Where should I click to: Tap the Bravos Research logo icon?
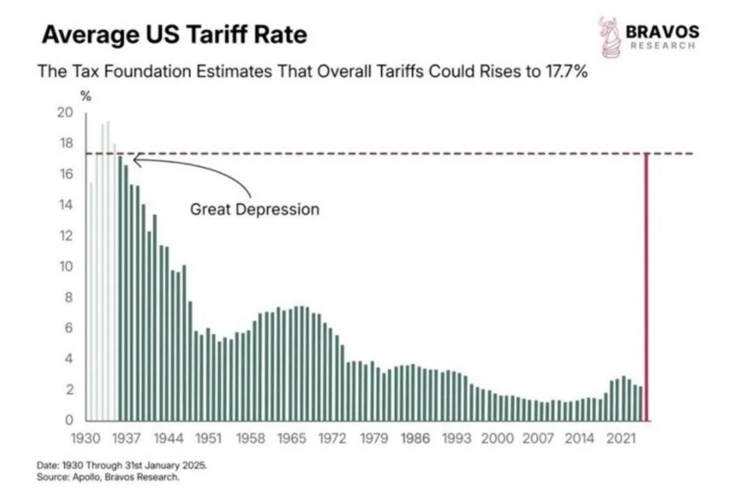pos(609,37)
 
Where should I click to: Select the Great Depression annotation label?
pos(254,209)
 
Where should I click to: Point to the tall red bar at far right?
pos(647,286)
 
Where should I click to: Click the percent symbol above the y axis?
pos(86,96)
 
